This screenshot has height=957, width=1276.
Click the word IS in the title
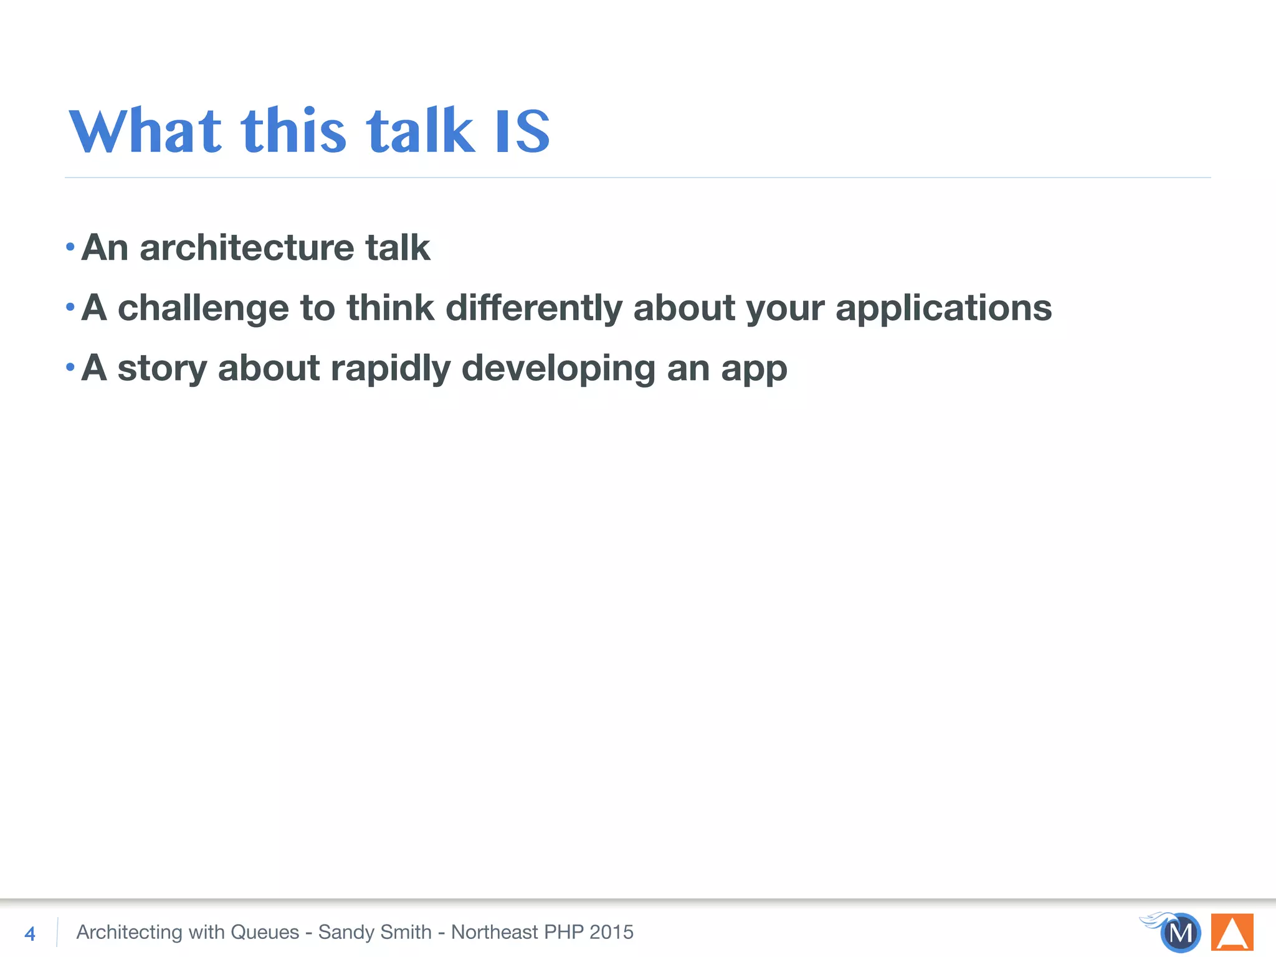(x=522, y=131)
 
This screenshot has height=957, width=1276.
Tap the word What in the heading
(x=145, y=131)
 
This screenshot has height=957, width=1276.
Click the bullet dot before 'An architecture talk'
(x=70, y=247)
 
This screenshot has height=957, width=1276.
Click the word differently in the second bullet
(x=534, y=308)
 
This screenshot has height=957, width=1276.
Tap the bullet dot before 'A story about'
(x=70, y=368)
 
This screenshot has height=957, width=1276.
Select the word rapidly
(x=391, y=369)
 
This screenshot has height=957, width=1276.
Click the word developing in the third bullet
(x=558, y=369)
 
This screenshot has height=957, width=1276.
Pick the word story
(x=162, y=369)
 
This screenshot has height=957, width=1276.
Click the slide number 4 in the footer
(x=29, y=933)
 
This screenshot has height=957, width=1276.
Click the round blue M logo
(x=1181, y=933)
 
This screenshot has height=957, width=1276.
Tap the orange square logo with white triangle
(x=1232, y=932)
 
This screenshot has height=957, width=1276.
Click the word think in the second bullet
(x=390, y=308)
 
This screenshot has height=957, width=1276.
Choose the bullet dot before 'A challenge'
(x=70, y=307)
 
